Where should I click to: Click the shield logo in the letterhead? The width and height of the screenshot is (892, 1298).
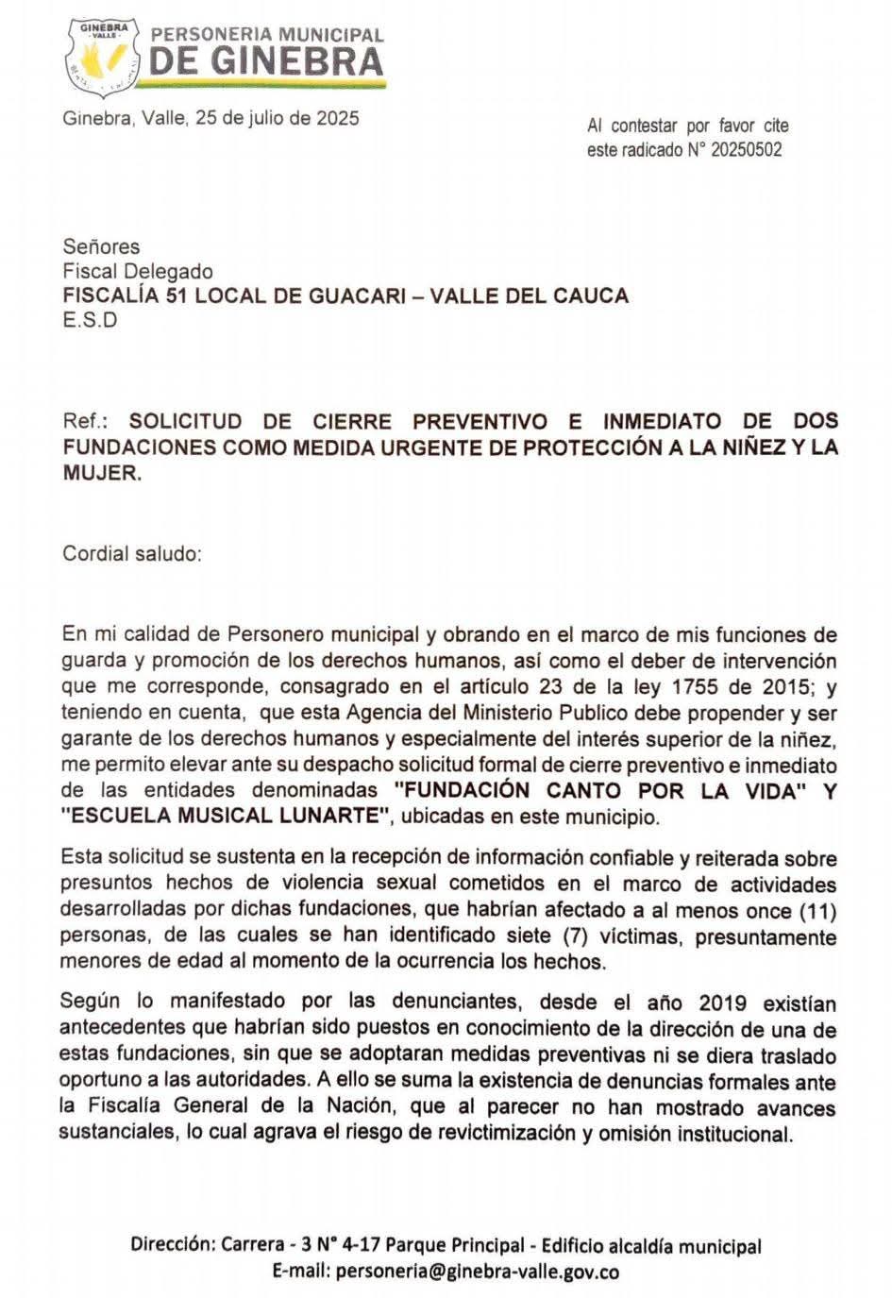click(103, 56)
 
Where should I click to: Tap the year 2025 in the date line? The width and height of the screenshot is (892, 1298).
click(337, 119)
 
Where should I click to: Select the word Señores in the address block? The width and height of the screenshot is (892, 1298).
click(101, 246)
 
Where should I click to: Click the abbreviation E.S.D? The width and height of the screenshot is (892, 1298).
click(90, 320)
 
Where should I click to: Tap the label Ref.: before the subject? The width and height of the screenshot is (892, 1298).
click(85, 421)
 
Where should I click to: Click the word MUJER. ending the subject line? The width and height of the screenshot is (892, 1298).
click(102, 474)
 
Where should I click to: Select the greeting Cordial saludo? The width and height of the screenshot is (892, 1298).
click(132, 553)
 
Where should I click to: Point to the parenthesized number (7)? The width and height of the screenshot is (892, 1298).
click(575, 937)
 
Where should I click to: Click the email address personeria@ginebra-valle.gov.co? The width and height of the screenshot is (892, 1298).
click(476, 1272)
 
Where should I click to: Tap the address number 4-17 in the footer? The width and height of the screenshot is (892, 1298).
click(357, 1246)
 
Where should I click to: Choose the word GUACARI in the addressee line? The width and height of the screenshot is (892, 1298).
click(360, 295)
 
